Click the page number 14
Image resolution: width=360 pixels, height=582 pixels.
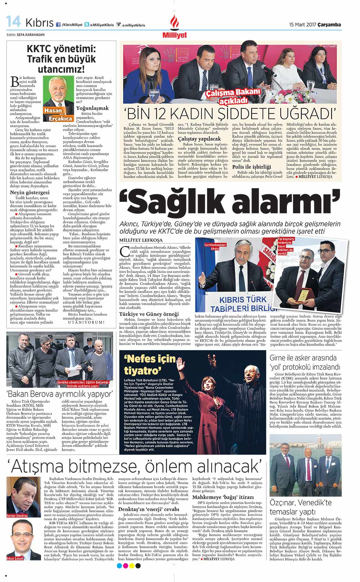click(14, 23)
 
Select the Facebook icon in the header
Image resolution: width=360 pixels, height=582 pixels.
click(58, 25)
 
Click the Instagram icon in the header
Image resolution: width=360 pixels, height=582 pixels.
click(118, 25)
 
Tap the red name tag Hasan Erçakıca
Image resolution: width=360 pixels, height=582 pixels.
click(58, 114)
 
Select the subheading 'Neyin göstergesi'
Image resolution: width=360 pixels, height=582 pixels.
click(30, 192)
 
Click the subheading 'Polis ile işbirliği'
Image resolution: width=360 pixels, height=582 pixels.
click(252, 167)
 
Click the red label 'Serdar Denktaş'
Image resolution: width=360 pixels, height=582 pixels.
click(17, 516)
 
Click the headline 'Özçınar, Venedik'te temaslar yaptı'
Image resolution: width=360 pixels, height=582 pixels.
click(301, 507)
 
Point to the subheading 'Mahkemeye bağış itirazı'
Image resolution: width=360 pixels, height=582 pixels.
click(223, 497)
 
